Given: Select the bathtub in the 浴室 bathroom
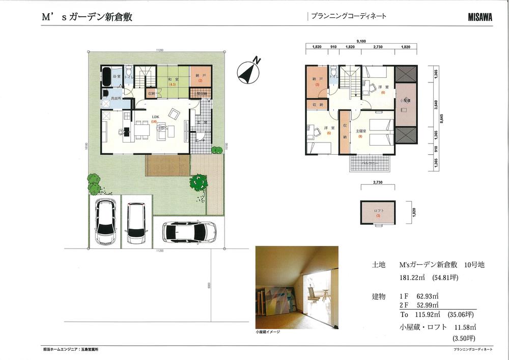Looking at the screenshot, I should [106, 78].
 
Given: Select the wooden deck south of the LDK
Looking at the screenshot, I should [167, 165].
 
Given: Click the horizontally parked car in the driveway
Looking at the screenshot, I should [188, 232].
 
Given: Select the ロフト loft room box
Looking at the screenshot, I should [378, 212].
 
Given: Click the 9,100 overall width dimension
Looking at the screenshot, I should [361, 41].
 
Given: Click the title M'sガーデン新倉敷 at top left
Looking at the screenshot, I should [87, 17].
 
